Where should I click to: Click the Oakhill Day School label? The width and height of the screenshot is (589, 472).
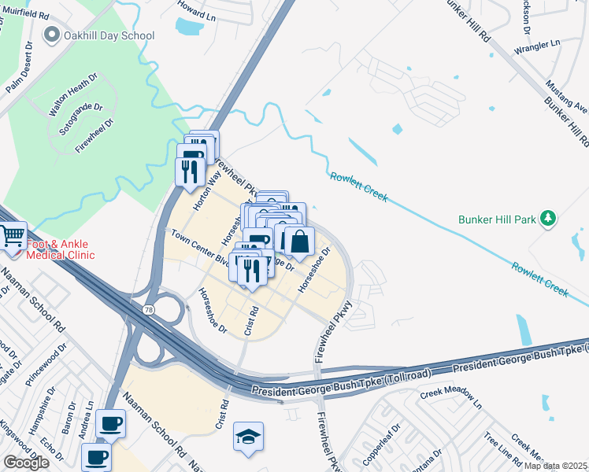pos(109,35)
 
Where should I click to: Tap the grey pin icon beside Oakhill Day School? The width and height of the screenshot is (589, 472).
pos(53,35)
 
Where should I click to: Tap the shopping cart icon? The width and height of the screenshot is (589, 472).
pos(13,236)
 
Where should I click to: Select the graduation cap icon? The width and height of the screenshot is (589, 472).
pos(248,437)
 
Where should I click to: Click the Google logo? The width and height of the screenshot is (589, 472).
pos(26,463)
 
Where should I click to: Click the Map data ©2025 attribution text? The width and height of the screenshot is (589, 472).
pos(555,466)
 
